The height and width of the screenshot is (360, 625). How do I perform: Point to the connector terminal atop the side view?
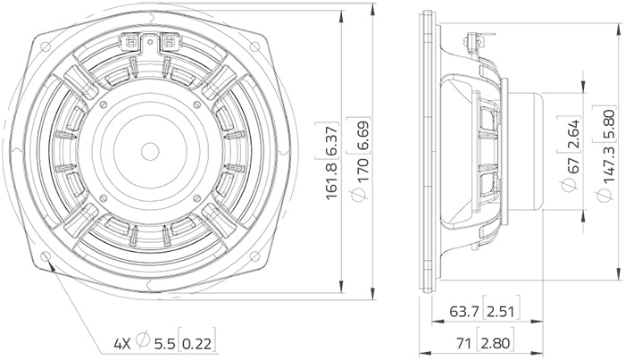(472, 38)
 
